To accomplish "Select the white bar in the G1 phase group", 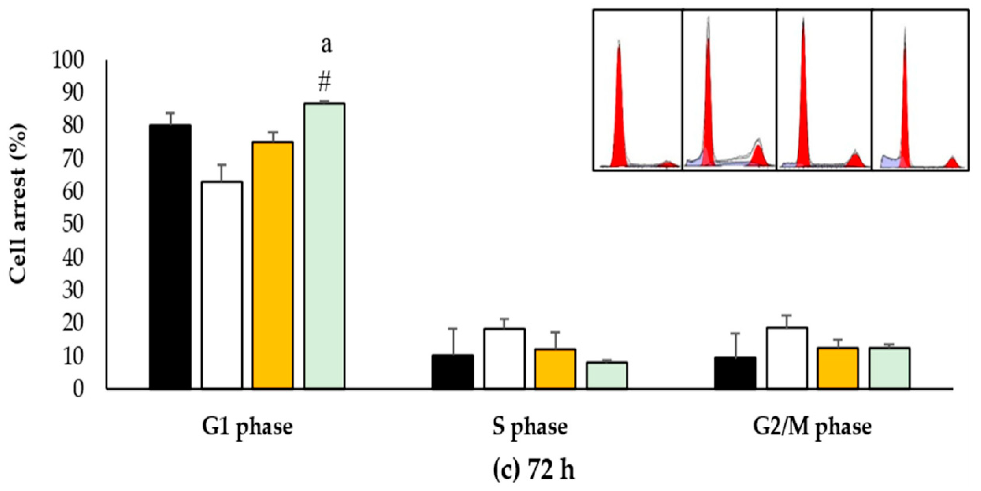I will (222, 285).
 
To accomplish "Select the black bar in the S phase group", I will (453, 371).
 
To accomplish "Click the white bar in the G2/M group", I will (787, 358).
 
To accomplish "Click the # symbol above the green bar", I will (324, 83).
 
